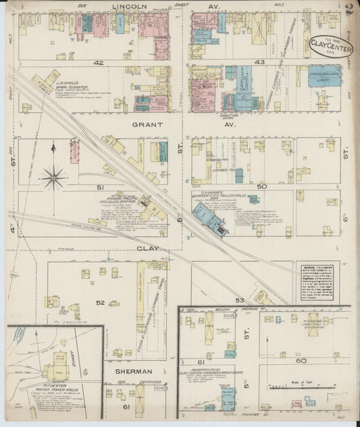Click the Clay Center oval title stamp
[330, 45]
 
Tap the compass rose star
[53, 177]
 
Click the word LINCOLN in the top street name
[130, 6]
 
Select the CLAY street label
[148, 248]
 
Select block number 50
[262, 186]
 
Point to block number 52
[100, 302]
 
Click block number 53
[239, 299]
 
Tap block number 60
[301, 361]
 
